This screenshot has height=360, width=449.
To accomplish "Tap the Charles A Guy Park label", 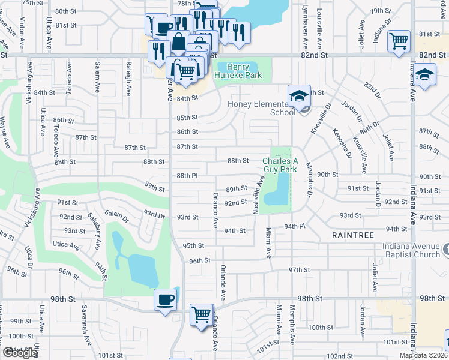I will coord(280,165).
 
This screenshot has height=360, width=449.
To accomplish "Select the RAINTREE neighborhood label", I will coord(352,236).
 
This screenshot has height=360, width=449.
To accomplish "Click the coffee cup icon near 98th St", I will coord(165,299).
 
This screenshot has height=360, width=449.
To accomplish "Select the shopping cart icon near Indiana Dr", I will coord(399,41).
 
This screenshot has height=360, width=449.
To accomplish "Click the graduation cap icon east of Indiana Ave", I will coord(425,76).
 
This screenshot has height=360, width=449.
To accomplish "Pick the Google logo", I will coord(20,353).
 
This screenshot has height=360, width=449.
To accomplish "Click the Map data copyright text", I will coord(424,355).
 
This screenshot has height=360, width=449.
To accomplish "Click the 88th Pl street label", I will coord(187,175).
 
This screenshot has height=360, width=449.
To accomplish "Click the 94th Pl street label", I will coord(295,226).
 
